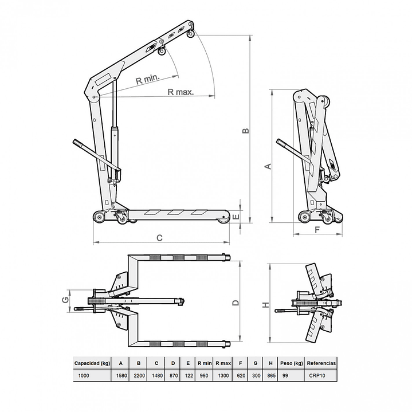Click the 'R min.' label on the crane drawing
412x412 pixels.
pos(147,80)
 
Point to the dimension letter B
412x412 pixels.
pos(246,131)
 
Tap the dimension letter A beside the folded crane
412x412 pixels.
pos(265,166)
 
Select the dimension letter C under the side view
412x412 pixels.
pos(160,237)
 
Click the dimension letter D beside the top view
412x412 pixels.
pos(235,303)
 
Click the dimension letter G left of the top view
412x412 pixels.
pos(66,299)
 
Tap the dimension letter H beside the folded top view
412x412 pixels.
pos(265,305)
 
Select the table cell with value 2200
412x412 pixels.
pos(139,375)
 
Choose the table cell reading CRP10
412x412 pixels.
pos(321,375)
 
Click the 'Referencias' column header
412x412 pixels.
pos(321,363)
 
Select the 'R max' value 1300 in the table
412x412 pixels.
pos(223,375)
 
